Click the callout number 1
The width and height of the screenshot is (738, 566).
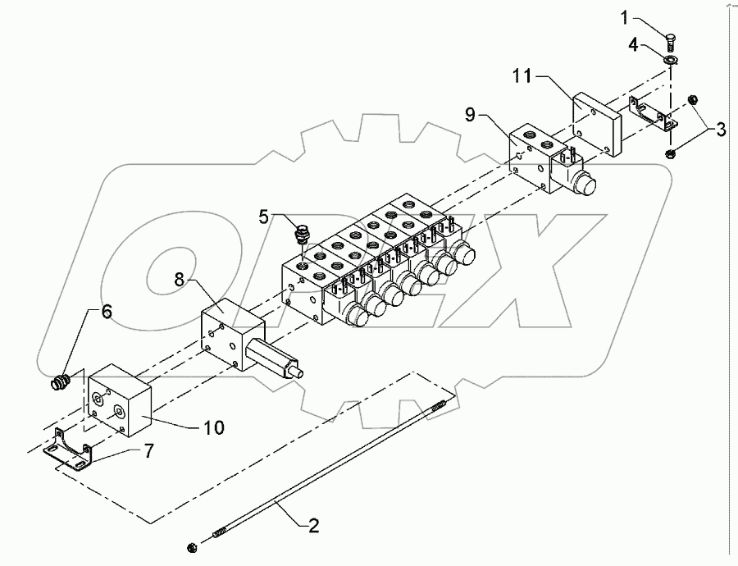(x=625, y=18)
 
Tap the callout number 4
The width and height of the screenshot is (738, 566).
(x=633, y=45)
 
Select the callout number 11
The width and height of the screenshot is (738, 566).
(x=522, y=75)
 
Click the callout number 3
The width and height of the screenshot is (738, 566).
(x=721, y=129)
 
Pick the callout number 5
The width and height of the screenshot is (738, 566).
(x=263, y=217)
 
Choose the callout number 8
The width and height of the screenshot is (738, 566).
(x=180, y=279)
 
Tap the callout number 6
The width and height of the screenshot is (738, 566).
(x=107, y=311)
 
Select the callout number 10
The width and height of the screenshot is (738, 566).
(x=214, y=427)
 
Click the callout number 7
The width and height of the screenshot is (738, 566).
(x=148, y=452)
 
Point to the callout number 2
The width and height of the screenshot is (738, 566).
(x=313, y=525)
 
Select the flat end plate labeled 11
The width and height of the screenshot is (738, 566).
(x=597, y=124)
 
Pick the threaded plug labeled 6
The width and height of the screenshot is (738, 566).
(x=60, y=381)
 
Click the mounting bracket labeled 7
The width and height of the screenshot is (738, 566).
(x=69, y=450)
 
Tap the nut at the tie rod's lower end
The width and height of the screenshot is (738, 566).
(x=192, y=547)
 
